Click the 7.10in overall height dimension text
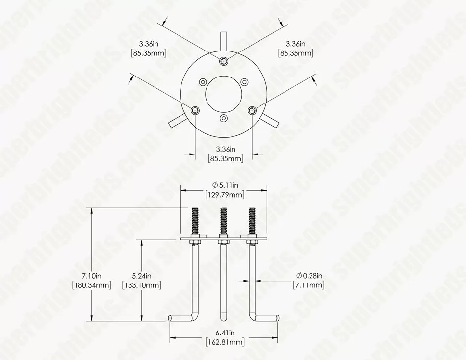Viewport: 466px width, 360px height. point(92,276)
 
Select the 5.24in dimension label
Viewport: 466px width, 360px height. point(142,276)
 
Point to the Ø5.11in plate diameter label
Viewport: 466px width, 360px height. point(226,185)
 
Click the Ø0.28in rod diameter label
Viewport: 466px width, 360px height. point(309,276)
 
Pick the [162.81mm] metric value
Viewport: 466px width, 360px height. point(225,342)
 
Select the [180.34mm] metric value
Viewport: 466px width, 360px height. point(92,285)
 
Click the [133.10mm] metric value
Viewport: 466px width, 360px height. point(142,285)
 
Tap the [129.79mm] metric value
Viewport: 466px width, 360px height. point(225,195)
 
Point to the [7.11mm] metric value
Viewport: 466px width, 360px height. point(309,285)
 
